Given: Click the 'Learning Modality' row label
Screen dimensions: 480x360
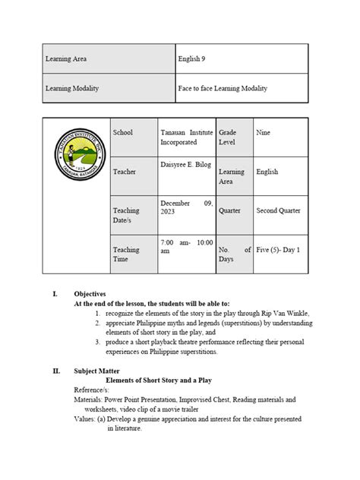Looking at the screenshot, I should (x=72, y=88).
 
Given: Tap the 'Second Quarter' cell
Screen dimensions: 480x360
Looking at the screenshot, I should (x=278, y=210).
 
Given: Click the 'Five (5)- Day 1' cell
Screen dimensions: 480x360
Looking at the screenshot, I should (x=278, y=249).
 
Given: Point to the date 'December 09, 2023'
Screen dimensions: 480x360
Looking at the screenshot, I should (x=185, y=207).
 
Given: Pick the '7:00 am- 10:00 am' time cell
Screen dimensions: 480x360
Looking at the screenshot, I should (x=185, y=245).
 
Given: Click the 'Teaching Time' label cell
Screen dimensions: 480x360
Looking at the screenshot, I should (x=126, y=254).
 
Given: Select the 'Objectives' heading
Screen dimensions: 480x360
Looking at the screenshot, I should (x=90, y=293).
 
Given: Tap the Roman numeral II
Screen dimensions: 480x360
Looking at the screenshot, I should (x=56, y=371).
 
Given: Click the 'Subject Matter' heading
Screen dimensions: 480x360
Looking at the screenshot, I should (x=96, y=371).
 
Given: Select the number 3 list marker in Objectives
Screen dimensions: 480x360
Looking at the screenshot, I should (x=99, y=343).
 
